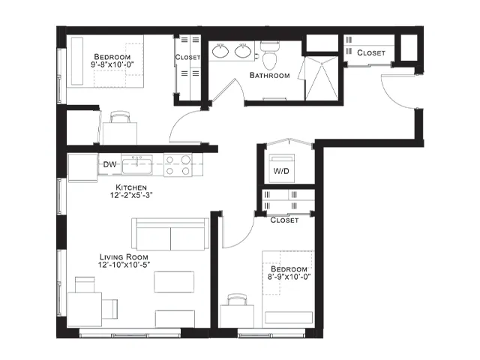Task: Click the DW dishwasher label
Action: coord(109,164)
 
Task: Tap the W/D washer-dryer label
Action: coord(281,171)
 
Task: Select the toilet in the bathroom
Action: coord(270,55)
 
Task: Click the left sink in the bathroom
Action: coord(220,51)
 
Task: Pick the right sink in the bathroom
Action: coord(243,51)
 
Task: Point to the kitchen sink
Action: coord(136,165)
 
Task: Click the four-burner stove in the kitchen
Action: coord(178,165)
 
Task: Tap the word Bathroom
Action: coord(270,75)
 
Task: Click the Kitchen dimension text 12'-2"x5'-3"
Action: coord(131,195)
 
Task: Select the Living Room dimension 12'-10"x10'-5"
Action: coord(124,265)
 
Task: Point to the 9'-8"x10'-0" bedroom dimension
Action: coord(112,64)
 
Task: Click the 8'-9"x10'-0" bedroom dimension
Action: coord(289,277)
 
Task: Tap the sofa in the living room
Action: coord(170,234)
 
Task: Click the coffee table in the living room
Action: coord(174,282)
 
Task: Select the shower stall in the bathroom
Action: coord(322,78)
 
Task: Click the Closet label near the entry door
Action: coord(371,53)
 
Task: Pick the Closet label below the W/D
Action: coord(284,220)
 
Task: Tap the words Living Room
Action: coord(124,257)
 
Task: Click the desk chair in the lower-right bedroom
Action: coord(237,299)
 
